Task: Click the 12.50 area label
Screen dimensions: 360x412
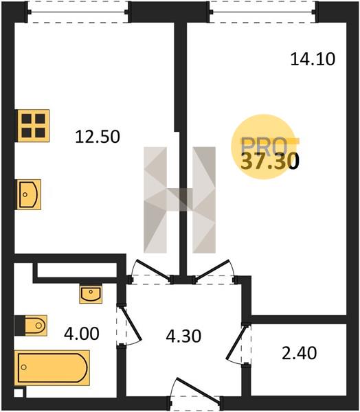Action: tap(98, 137)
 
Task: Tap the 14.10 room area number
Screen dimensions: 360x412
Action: tap(313, 59)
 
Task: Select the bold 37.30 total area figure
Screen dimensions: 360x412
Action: tap(270, 161)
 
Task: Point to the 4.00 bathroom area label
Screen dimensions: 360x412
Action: tap(82, 334)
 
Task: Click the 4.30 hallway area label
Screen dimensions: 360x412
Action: tap(183, 336)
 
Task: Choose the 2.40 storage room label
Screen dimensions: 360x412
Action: tap(300, 354)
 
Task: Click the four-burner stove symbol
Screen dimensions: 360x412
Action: tap(33, 126)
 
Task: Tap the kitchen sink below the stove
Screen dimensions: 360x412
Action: tap(29, 194)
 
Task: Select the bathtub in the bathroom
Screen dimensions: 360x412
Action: tap(52, 367)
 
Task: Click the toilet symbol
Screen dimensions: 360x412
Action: tap(36, 325)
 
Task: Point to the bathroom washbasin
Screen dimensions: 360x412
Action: tap(91, 294)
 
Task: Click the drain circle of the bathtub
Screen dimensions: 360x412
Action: tap(24, 367)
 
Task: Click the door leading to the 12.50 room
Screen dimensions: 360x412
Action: tap(150, 269)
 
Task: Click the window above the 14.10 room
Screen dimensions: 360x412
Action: tap(263, 12)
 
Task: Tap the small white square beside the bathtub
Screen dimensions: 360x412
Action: tap(19, 393)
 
